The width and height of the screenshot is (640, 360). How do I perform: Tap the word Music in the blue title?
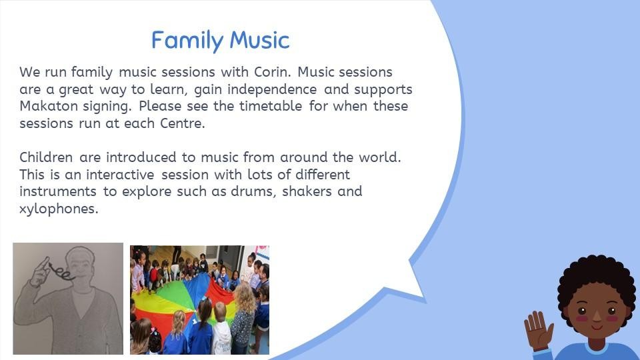[x=259, y=40]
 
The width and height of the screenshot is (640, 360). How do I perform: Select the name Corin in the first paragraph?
[x=272, y=72]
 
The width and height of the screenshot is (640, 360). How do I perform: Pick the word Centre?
[x=182, y=123]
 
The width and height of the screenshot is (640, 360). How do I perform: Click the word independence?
[x=272, y=89]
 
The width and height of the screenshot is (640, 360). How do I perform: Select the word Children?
[x=46, y=157]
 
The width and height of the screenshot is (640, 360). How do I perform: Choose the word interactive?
[x=120, y=175]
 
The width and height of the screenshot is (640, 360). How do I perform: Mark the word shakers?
[x=307, y=191]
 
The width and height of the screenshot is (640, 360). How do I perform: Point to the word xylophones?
[x=59, y=209]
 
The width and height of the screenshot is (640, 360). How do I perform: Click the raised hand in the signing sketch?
[x=40, y=273]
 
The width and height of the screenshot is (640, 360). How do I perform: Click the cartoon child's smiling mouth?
[x=596, y=327]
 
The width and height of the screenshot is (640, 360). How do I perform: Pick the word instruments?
[x=58, y=191]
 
